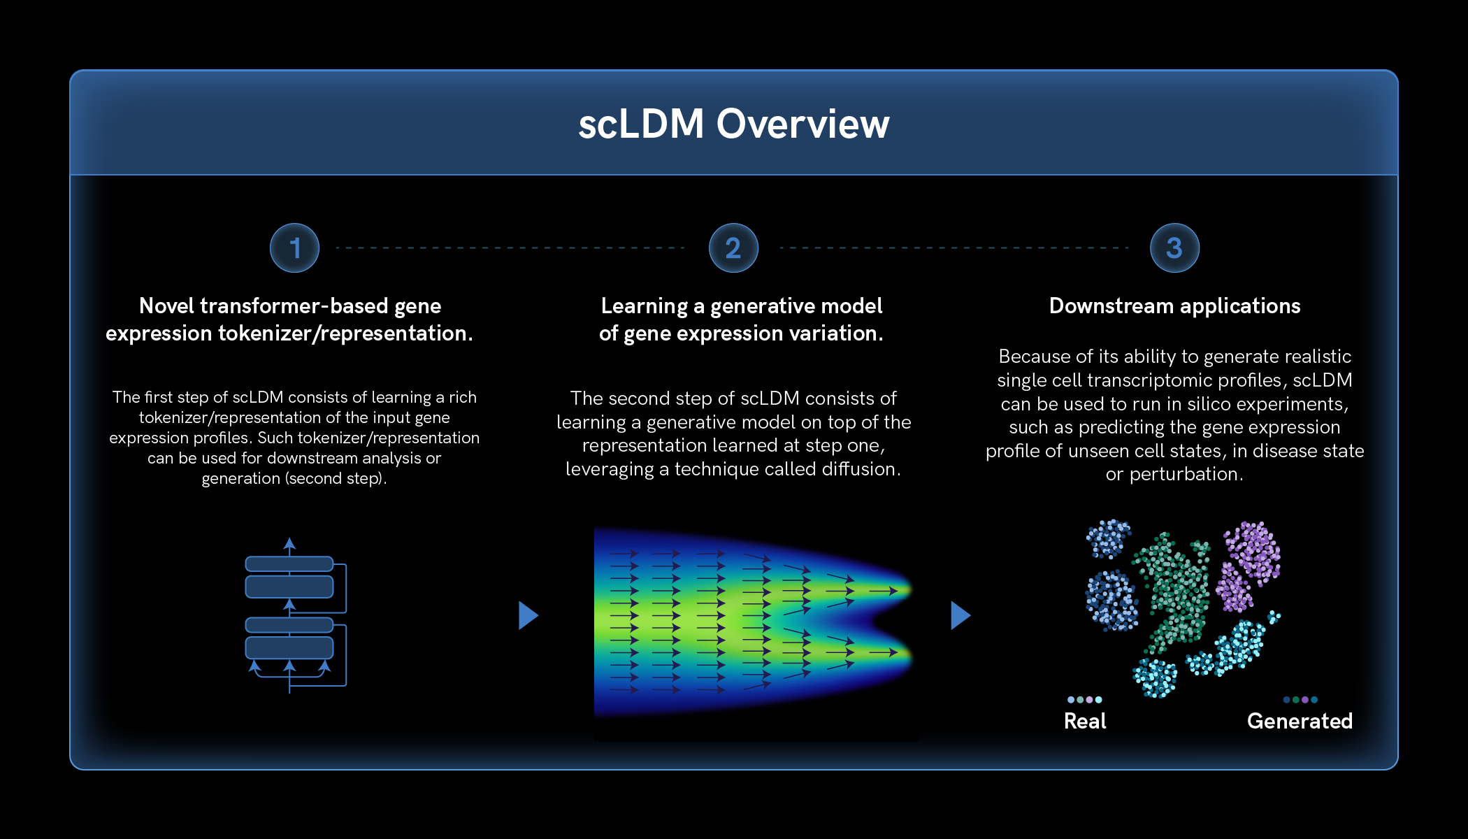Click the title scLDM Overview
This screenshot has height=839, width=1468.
pyautogui.click(x=733, y=124)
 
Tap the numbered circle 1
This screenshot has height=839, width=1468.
pyautogui.click(x=294, y=248)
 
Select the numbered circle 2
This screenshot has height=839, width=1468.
pyautogui.click(x=733, y=248)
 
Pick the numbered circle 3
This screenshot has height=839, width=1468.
pyautogui.click(x=1174, y=248)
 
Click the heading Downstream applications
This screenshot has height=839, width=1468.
pyautogui.click(x=1174, y=306)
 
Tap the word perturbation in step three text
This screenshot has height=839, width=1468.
pyautogui.click(x=1185, y=475)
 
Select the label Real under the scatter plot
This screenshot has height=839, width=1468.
pyautogui.click(x=1085, y=721)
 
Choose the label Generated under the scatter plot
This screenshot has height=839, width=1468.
pyautogui.click(x=1300, y=721)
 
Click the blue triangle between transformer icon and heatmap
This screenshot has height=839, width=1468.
pyautogui.click(x=528, y=615)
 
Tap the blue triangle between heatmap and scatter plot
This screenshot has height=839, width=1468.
pyautogui.click(x=960, y=615)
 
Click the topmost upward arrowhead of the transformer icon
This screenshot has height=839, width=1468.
pyautogui.click(x=289, y=543)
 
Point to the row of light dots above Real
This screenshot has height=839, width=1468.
pyautogui.click(x=1084, y=699)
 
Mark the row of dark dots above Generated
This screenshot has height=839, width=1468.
pyautogui.click(x=1300, y=699)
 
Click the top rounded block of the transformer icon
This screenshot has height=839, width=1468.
pyautogui.click(x=289, y=564)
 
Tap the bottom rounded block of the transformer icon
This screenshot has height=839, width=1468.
pyautogui.click(x=289, y=647)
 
